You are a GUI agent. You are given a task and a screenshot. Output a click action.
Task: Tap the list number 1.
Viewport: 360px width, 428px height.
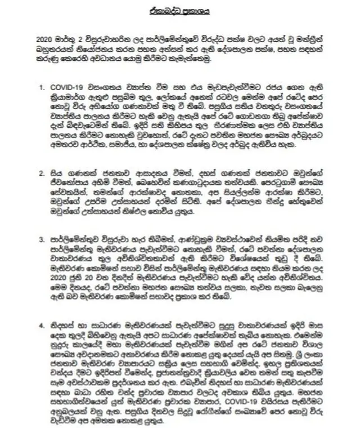(x=40, y=88)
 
